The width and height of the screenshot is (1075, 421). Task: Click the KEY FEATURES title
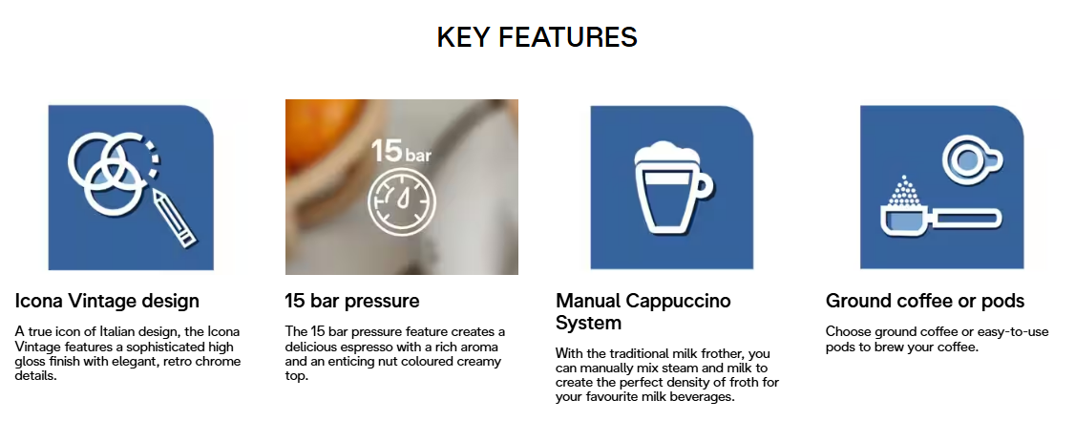point(537,37)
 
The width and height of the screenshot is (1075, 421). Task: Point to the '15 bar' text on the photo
point(401,150)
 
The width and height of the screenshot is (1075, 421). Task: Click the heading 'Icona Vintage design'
point(107,301)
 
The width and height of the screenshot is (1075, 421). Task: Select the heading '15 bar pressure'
point(351,301)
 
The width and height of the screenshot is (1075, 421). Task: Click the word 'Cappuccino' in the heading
point(677,301)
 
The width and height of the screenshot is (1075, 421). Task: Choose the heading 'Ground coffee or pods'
point(925,301)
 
